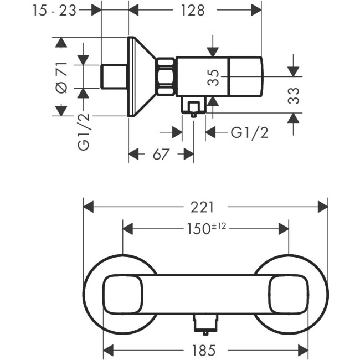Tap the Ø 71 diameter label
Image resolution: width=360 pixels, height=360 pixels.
(61, 77)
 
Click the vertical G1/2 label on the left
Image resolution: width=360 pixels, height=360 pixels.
(84, 132)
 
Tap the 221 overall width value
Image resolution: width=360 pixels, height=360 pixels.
(204, 207)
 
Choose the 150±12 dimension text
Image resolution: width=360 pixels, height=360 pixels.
(206, 228)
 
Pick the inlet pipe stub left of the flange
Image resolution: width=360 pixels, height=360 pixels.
(115, 76)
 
